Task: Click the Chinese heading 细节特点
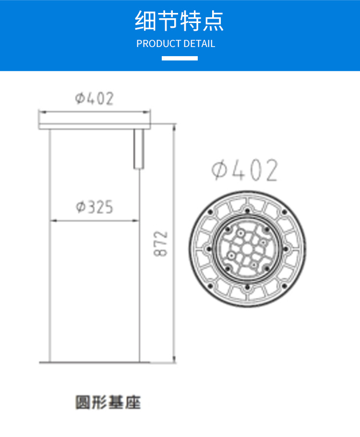180,21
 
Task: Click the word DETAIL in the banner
199,44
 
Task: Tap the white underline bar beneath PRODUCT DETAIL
180,58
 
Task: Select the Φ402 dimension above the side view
95,98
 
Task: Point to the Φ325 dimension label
95,207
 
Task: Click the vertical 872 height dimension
161,244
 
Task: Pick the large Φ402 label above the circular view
244,170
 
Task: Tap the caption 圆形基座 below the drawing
108,402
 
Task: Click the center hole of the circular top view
247,249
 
